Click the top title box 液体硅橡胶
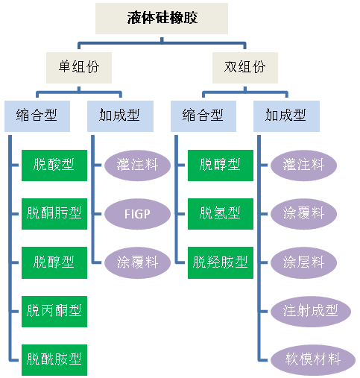162,19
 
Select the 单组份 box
79,68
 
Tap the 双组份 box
245,68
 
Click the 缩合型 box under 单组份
37,116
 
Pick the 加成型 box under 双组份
286,116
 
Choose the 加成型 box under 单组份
120,116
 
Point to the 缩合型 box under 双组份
203,116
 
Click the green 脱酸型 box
54,166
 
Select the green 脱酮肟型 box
54,214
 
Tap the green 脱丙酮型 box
54,312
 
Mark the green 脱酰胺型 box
54,360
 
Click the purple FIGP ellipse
137,214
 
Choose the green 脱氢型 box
221,214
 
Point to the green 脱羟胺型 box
221,262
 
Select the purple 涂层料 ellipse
303,262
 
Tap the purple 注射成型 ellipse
311,312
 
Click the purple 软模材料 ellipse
313,360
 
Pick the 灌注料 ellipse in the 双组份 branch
303,166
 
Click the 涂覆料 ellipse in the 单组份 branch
137,262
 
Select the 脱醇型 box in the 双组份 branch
221,166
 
